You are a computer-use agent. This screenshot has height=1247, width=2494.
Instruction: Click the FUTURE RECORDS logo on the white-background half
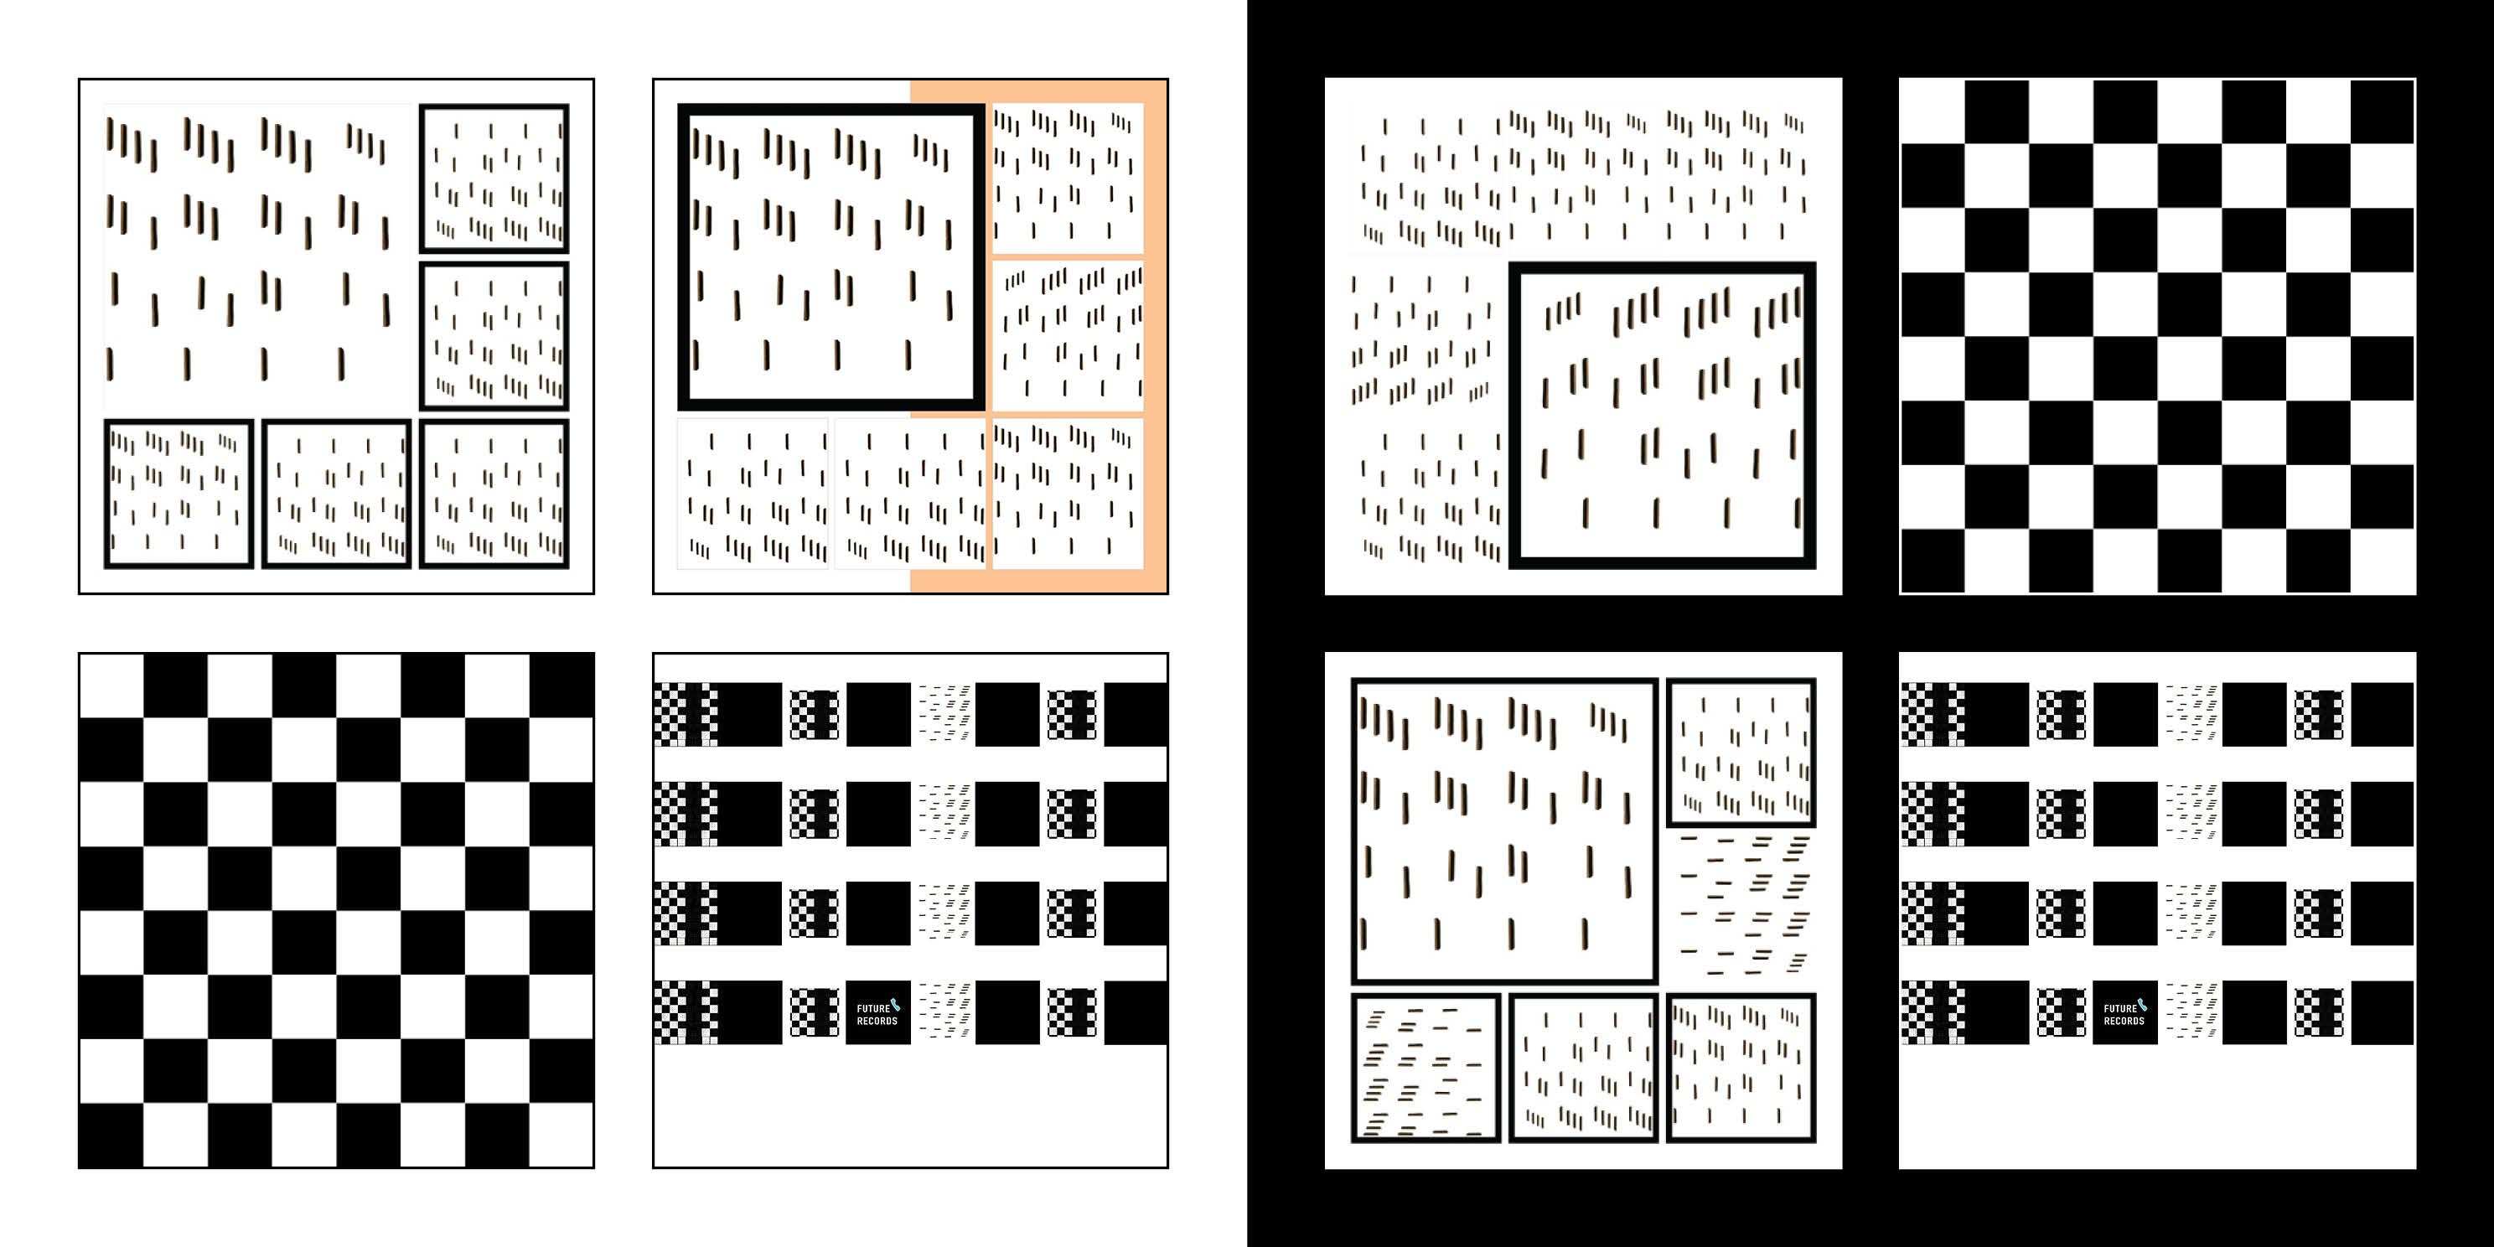tap(878, 1012)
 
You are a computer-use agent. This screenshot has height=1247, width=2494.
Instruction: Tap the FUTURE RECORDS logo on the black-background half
tap(2125, 1012)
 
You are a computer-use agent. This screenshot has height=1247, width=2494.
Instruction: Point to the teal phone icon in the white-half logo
tap(896, 1004)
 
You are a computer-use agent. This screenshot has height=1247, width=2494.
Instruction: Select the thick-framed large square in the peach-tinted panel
tap(831, 256)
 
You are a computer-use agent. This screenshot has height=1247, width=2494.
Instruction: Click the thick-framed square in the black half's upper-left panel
tap(1663, 414)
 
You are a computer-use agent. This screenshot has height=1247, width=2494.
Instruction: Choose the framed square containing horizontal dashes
tap(1426, 1068)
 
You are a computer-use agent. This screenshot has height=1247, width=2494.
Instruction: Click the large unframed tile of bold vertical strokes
tap(257, 256)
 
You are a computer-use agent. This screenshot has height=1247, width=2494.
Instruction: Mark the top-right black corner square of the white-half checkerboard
tap(562, 686)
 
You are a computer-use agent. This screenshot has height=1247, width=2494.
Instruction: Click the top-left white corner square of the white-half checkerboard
tap(111, 686)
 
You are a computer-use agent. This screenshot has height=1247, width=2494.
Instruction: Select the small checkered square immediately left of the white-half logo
tap(815, 1012)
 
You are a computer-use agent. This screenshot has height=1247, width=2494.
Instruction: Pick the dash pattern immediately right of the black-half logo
tap(2191, 1012)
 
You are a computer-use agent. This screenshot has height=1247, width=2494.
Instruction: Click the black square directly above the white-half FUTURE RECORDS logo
tap(878, 913)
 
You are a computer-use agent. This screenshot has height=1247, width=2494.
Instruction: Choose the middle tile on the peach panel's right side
tap(1068, 336)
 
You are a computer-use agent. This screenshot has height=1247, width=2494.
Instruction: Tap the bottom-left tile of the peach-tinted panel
tap(753, 494)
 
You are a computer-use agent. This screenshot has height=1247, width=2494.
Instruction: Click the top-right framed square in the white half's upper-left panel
tap(494, 179)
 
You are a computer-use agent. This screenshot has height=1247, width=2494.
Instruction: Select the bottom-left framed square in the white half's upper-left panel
tap(179, 494)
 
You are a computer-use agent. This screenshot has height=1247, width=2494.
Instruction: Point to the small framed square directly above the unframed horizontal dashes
tap(1741, 753)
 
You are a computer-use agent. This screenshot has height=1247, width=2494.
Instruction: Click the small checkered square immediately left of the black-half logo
tap(2062, 1012)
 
